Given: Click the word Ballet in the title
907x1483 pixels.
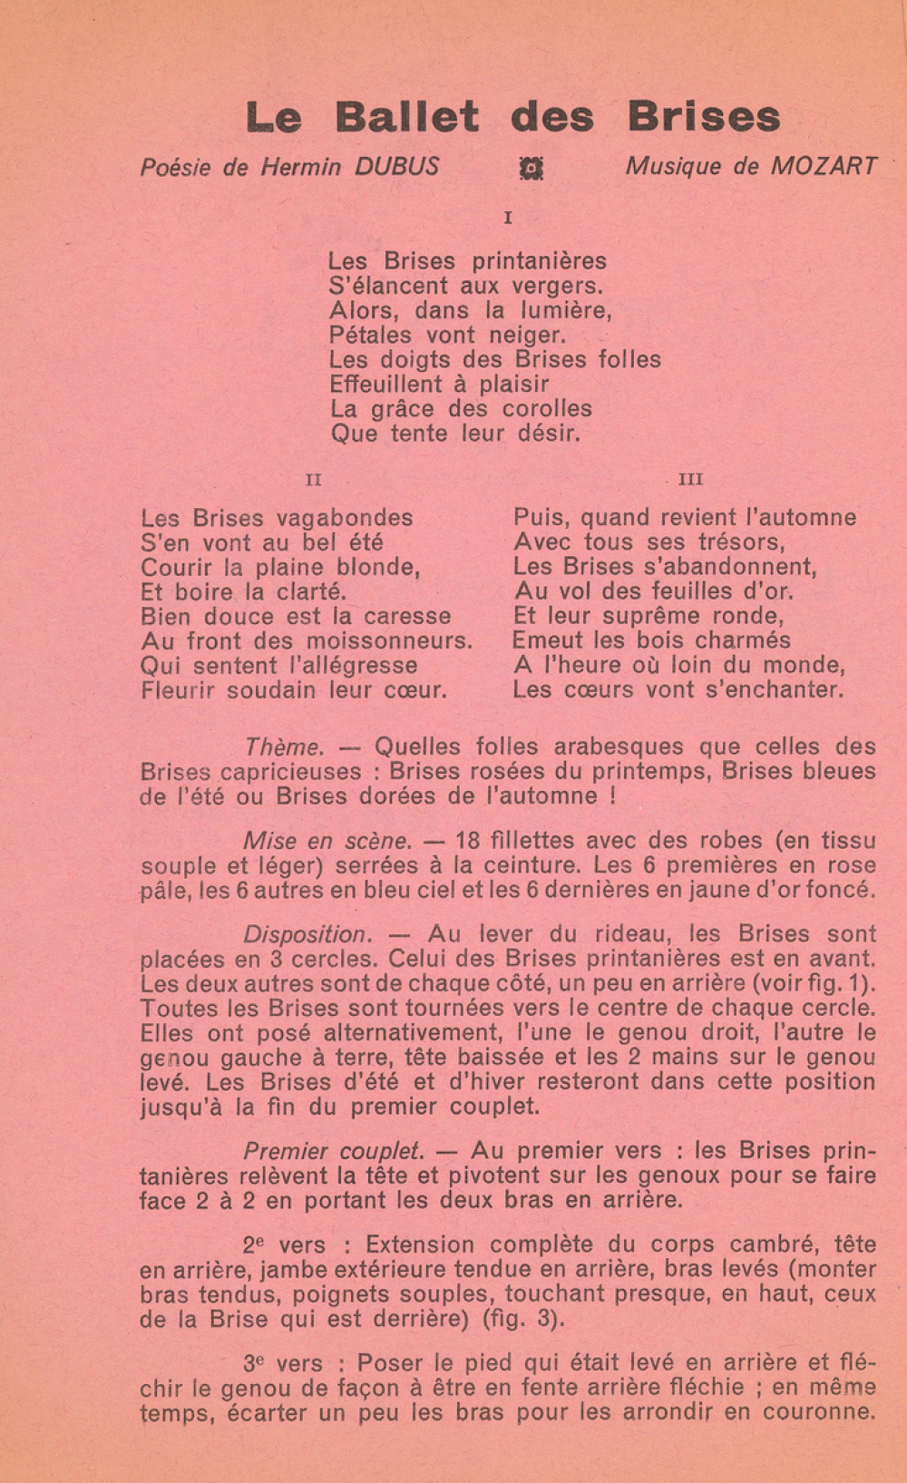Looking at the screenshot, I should pyautogui.click(x=406, y=117).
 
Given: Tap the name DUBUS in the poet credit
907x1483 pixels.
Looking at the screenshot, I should pyautogui.click(x=396, y=167).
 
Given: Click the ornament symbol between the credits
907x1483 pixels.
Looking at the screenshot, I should pyautogui.click(x=531, y=168).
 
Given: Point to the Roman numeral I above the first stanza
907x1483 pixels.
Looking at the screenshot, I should pyautogui.click(x=508, y=219).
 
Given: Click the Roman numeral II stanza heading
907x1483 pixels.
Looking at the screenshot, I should pyautogui.click(x=314, y=480).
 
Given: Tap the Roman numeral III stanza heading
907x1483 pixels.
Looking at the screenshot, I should pyautogui.click(x=691, y=480).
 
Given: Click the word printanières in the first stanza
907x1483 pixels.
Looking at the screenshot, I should pyautogui.click(x=539, y=261).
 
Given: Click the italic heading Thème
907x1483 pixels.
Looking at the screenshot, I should pyautogui.click(x=284, y=747).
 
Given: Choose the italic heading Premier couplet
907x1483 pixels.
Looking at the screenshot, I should pyautogui.click(x=334, y=1151).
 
